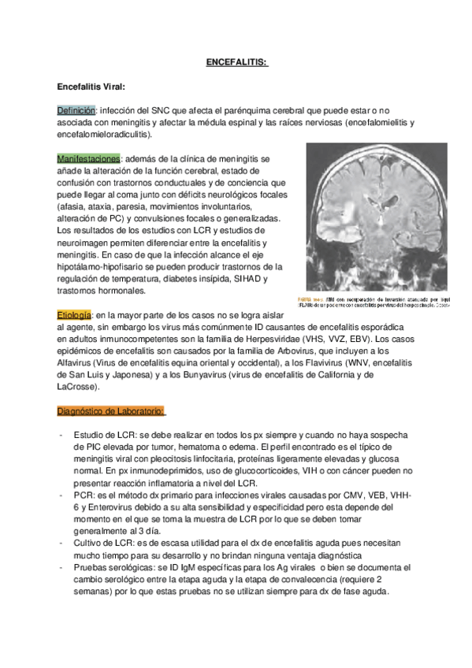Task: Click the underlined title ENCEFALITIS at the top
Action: [236, 62]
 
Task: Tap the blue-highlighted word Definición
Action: [76, 110]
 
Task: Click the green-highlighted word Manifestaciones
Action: [88, 158]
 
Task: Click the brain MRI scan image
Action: [377, 217]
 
